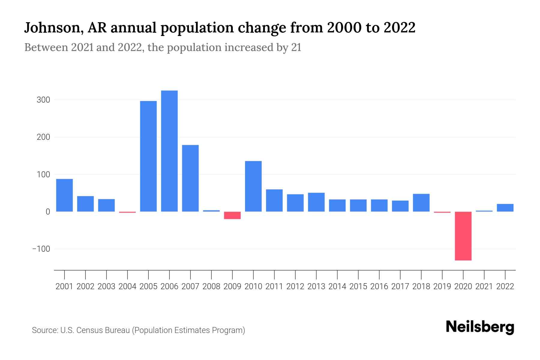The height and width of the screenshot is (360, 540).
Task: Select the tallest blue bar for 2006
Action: (x=169, y=151)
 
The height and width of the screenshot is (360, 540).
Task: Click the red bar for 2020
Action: (x=463, y=236)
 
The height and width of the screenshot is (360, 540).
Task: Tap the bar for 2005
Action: (x=148, y=156)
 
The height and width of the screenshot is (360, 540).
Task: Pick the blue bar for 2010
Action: (x=253, y=186)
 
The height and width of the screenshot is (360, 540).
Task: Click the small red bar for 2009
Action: (x=232, y=215)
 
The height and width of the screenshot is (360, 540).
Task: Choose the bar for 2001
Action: (x=64, y=195)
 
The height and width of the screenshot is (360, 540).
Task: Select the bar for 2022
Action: (x=505, y=208)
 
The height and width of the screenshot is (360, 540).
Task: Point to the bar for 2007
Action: (x=190, y=178)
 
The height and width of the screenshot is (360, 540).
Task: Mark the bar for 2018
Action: (x=421, y=202)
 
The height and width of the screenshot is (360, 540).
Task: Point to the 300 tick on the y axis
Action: (x=43, y=100)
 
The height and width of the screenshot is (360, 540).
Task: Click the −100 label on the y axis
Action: (x=41, y=249)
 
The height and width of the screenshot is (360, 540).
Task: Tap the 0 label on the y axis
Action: (x=48, y=212)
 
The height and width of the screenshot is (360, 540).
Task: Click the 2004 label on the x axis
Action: (x=127, y=286)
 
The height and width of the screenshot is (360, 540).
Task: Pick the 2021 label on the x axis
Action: (x=484, y=286)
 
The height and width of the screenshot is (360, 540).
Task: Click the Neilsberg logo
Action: (x=480, y=327)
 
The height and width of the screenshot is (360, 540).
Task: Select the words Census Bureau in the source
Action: (x=103, y=330)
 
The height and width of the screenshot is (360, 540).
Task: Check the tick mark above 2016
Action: (x=379, y=274)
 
